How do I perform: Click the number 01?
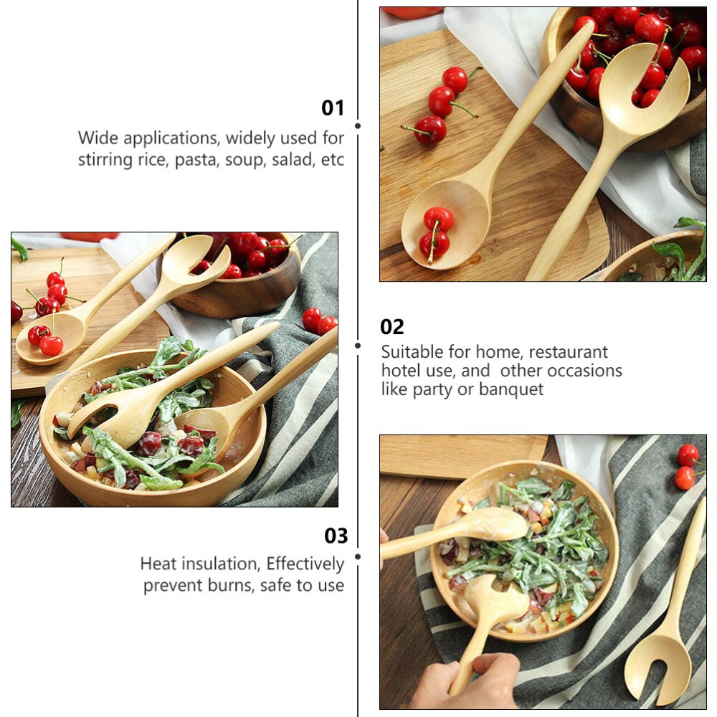point(333,108)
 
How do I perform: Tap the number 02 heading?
point(392,327)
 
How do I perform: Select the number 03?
point(336,536)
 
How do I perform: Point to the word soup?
point(244,159)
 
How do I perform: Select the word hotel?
point(403,371)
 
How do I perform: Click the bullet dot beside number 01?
point(358,125)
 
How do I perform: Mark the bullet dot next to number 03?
point(358,556)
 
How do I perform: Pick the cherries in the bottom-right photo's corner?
point(687,467)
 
